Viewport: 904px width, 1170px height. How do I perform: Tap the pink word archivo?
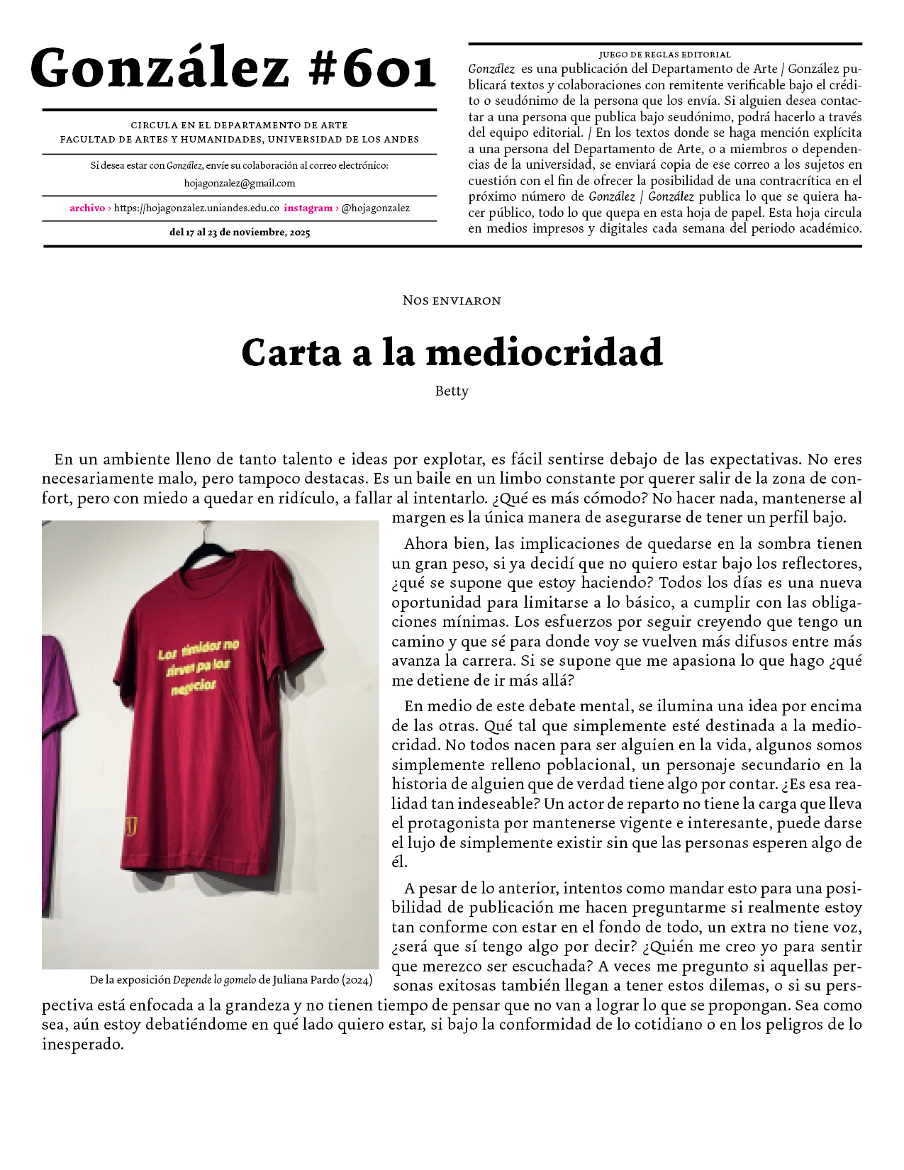(87, 208)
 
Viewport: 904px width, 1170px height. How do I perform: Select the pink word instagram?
(308, 208)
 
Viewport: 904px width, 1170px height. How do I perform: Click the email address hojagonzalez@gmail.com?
(240, 183)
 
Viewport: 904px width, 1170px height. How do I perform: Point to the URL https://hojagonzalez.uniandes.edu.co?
(196, 208)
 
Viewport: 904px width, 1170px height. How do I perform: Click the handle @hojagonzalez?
(375, 208)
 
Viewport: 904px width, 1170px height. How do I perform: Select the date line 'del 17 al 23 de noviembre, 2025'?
(240, 232)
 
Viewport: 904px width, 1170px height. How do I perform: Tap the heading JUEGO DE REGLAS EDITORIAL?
(664, 54)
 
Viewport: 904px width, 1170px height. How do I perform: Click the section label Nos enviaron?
(452, 301)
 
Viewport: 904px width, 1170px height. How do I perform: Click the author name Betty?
(452, 391)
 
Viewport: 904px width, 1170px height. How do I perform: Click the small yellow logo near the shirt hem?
(131, 826)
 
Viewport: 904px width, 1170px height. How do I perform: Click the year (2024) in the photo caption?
(357, 980)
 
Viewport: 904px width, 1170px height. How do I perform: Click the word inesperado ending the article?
(82, 1044)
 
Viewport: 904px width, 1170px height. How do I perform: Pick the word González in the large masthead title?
(160, 69)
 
